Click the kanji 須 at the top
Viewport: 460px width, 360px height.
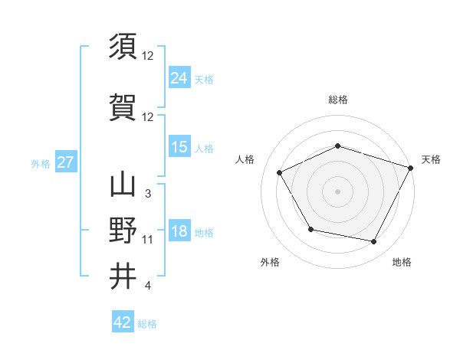pos(123,47)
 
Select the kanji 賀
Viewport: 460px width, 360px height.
pos(123,107)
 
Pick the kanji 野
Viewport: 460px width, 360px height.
pos(123,230)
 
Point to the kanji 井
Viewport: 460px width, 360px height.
pos(123,276)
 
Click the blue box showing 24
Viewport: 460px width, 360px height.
pos(179,77)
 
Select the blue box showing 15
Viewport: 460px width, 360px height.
pos(179,147)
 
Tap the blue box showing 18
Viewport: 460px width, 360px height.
pos(179,231)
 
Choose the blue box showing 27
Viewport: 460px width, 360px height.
pos(65,162)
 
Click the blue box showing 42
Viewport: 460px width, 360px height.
pos(123,322)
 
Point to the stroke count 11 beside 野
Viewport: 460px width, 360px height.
pos(148,240)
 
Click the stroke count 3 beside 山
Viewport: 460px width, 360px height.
pos(147,193)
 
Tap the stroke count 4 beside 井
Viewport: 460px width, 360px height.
pos(147,286)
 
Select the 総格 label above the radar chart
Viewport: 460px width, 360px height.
pos(337,100)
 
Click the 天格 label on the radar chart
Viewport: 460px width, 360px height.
pos(431,159)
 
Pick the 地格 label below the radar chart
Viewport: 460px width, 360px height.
pos(402,262)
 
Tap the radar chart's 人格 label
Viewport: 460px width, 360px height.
pos(245,159)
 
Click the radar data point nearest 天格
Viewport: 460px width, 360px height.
pos(412,167)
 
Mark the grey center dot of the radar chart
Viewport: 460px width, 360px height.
pos(337,191)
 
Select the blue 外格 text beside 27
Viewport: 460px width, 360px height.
pos(41,163)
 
